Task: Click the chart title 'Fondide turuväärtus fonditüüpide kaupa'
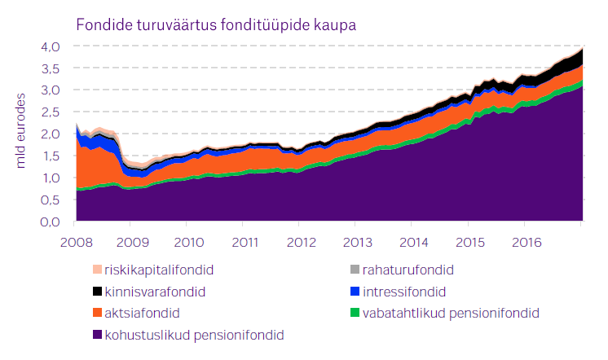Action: (x=216, y=24)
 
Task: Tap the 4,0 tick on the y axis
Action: (x=51, y=46)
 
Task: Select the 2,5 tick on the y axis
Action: (x=51, y=112)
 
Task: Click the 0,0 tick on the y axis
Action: (x=51, y=222)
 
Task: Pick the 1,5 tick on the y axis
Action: (x=51, y=156)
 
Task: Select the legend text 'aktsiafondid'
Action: (x=142, y=312)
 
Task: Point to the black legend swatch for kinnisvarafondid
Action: (x=97, y=292)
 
